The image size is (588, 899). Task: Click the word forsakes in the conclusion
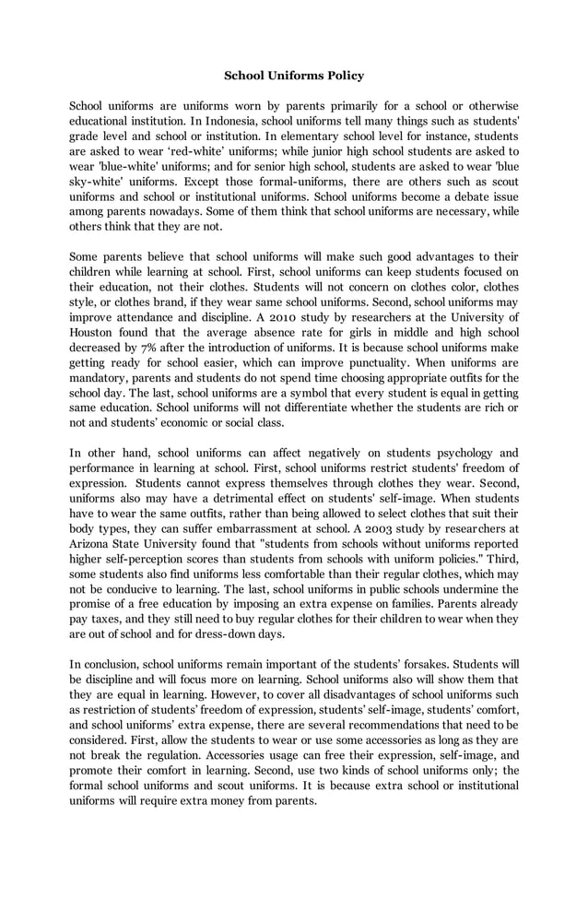(455, 663)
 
